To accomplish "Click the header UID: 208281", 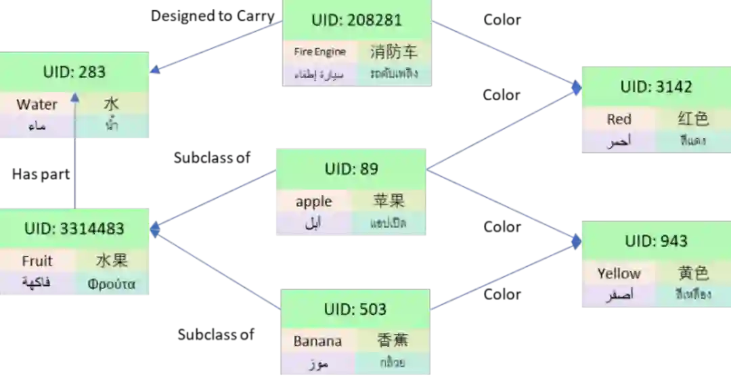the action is click(x=357, y=20).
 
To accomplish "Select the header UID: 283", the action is click(x=74, y=72).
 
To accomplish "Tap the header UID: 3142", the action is click(x=656, y=87).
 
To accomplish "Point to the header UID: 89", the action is click(x=351, y=169).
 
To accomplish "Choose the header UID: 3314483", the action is click(x=74, y=229).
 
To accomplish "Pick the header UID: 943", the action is click(x=656, y=241).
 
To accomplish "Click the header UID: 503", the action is click(x=355, y=310).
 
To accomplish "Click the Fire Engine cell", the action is click(x=319, y=51).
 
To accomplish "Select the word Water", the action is click(x=37, y=104).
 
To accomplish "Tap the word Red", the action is click(x=619, y=119).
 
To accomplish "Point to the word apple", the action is click(x=313, y=201).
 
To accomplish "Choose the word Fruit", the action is click(x=37, y=261).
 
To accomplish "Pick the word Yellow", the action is click(x=619, y=274).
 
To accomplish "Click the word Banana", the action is click(x=317, y=341).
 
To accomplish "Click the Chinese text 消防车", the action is click(x=394, y=51).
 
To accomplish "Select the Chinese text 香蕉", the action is click(x=393, y=341).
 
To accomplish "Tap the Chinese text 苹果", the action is click(x=389, y=200).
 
